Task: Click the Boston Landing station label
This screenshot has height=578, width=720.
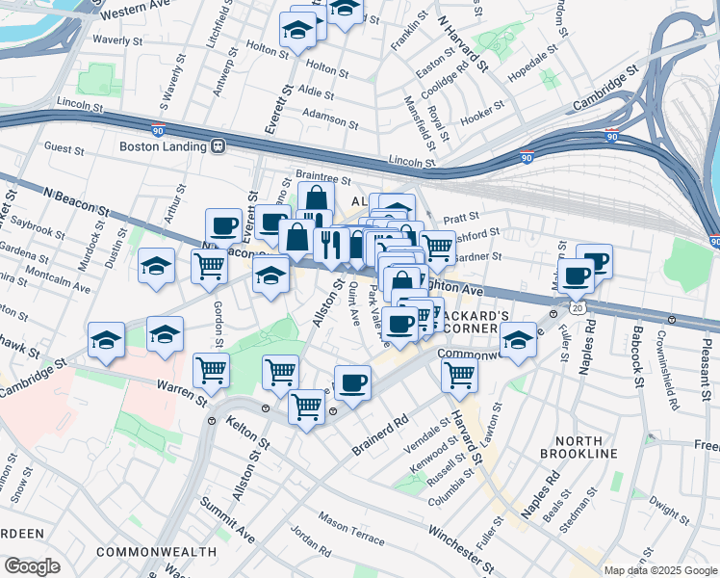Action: point(162,146)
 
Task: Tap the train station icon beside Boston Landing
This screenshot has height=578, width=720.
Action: point(219,146)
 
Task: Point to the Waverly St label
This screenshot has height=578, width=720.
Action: point(117,40)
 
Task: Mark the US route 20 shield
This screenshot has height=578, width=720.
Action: point(577,306)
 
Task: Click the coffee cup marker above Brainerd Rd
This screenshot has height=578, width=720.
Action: point(352,382)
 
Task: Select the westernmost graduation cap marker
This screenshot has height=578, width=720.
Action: point(106,338)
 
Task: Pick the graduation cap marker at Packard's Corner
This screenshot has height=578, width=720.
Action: point(518,339)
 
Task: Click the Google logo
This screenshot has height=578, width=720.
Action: point(32,566)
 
